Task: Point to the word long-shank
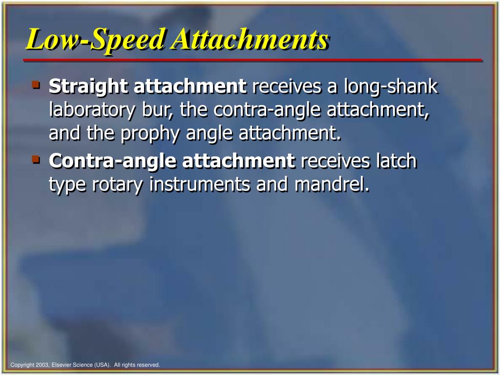[x=391, y=87]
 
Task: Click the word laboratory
[x=91, y=110]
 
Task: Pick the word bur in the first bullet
[x=153, y=110]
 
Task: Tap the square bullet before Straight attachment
[x=36, y=84]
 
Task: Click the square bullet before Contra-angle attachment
[x=36, y=158]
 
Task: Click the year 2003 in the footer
[x=42, y=365]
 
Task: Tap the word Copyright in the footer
[x=21, y=365]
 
